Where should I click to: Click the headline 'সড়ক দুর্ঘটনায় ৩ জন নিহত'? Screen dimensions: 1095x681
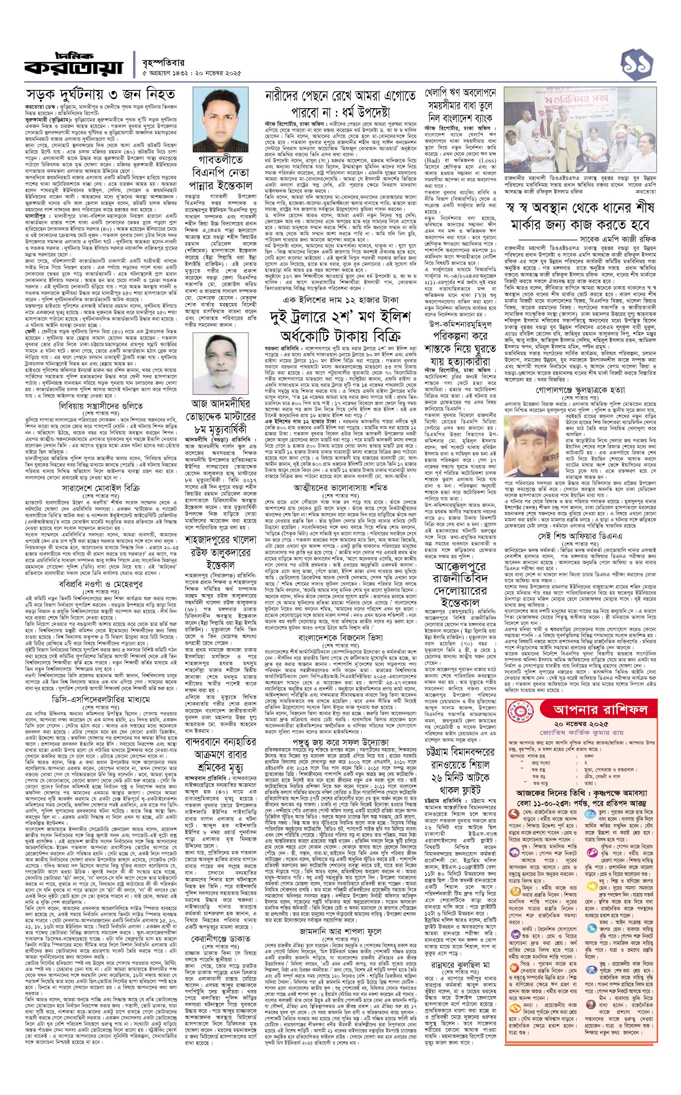100,95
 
